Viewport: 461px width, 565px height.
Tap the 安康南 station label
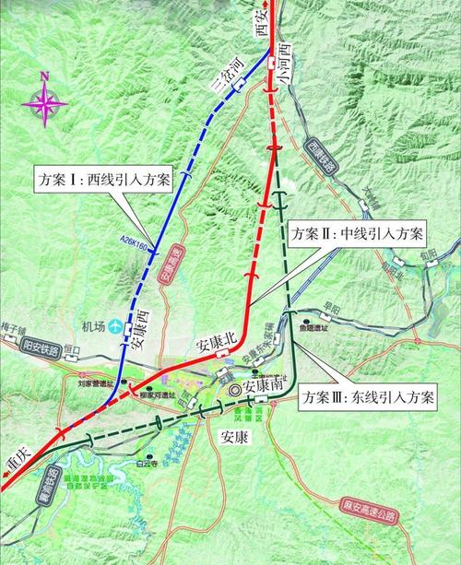(263, 388)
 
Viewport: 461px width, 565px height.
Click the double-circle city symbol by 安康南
(234, 391)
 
